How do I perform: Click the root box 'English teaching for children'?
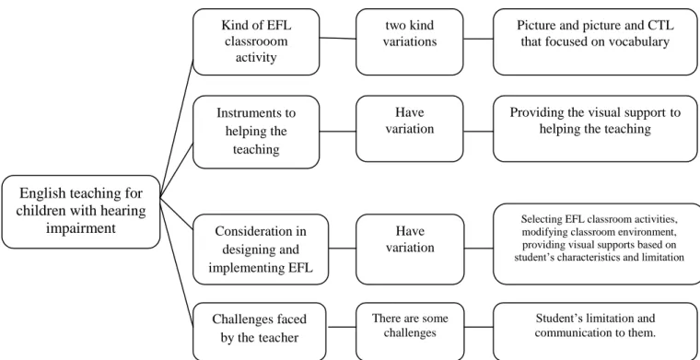[81, 212]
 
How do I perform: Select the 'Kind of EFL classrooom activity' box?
[256, 41]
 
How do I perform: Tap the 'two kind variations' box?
[410, 41]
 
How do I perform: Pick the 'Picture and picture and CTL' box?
[596, 41]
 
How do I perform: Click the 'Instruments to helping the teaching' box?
[256, 132]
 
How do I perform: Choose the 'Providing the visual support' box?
[596, 129]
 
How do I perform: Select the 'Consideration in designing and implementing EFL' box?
[261, 249]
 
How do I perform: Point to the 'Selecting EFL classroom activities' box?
[598, 244]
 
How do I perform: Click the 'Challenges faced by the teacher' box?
[260, 331]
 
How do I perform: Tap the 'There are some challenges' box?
[410, 331]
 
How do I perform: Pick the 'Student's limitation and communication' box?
[596, 331]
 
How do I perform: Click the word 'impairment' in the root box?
[81, 228]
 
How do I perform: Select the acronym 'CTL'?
[659, 25]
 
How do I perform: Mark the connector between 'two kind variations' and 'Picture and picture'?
[478, 39]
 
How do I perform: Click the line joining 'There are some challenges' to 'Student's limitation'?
[479, 327]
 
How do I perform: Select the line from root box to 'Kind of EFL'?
[176, 128]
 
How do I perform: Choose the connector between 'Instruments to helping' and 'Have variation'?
[338, 132]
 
